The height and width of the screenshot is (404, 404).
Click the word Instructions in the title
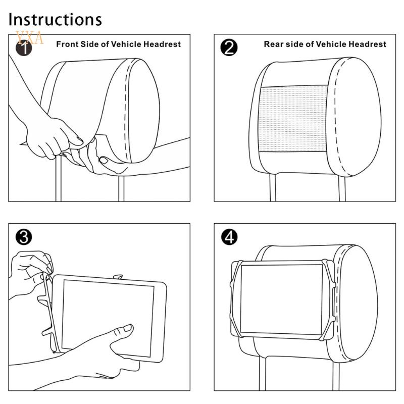click(x=55, y=19)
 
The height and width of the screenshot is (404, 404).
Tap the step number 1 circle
click(x=24, y=48)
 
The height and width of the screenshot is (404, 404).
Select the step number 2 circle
click(x=229, y=47)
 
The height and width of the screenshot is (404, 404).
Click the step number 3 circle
click(x=24, y=237)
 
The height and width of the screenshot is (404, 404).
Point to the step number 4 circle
click(x=229, y=237)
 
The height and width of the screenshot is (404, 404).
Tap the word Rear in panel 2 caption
click(x=273, y=44)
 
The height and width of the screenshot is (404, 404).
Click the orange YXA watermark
click(x=29, y=38)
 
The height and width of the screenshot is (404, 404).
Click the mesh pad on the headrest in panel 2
click(x=293, y=119)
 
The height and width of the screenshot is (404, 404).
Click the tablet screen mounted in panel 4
click(x=281, y=299)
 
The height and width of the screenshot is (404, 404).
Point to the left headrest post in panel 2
click(x=273, y=187)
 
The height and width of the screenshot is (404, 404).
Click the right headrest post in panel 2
click(x=342, y=188)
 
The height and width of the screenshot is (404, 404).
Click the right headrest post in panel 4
click(x=336, y=375)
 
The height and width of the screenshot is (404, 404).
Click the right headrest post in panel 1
click(x=121, y=188)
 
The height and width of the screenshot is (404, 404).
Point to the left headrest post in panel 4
click(x=263, y=374)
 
